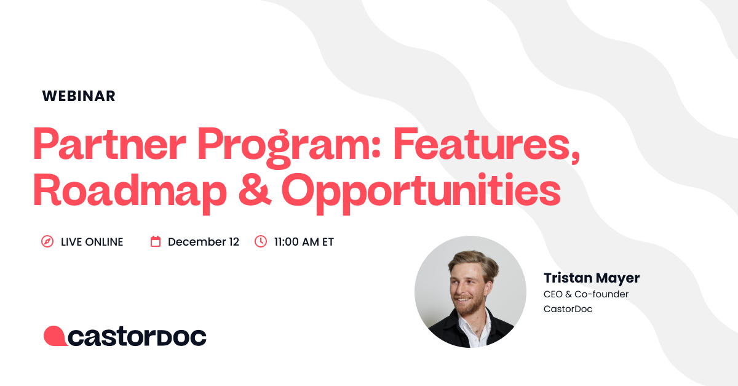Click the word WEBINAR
pyautogui.click(x=79, y=96)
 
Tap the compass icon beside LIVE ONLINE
pyautogui.click(x=47, y=242)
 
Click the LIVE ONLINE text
pyautogui.click(x=92, y=242)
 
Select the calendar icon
pyautogui.click(x=156, y=242)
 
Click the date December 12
pyautogui.click(x=204, y=242)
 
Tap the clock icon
pyautogui.click(x=261, y=242)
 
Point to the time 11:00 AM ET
pyautogui.click(x=304, y=242)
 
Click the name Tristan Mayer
pyautogui.click(x=592, y=278)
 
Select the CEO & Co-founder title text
pyautogui.click(x=586, y=294)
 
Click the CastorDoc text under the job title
pyautogui.click(x=568, y=309)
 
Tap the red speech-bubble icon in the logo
pyautogui.click(x=54, y=336)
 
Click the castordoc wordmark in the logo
pyautogui.click(x=137, y=336)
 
